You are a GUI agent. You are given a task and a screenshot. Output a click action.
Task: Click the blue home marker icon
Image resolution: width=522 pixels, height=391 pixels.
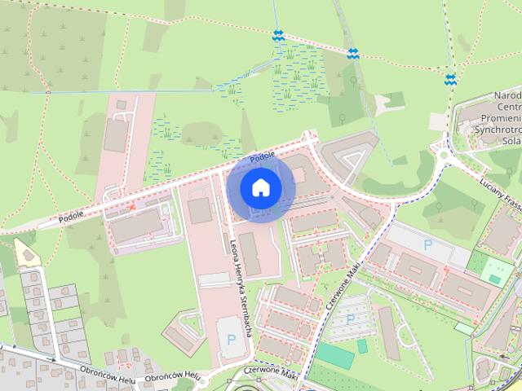coord(260,187)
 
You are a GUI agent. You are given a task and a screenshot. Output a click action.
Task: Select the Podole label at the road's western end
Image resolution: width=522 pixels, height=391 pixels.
coord(72,218)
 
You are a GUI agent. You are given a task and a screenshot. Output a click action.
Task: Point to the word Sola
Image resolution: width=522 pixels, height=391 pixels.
coord(511,140)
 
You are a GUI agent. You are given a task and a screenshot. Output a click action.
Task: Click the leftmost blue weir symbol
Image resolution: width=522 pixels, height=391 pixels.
coord(278,35)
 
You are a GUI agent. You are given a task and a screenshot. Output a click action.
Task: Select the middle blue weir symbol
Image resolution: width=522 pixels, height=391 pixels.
coord(352,54)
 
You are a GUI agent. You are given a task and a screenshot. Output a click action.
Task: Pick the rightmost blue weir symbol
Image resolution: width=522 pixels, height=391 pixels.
coord(450,79)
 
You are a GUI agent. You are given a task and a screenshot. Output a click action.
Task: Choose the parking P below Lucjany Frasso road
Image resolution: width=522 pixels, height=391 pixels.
coord(427,244)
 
